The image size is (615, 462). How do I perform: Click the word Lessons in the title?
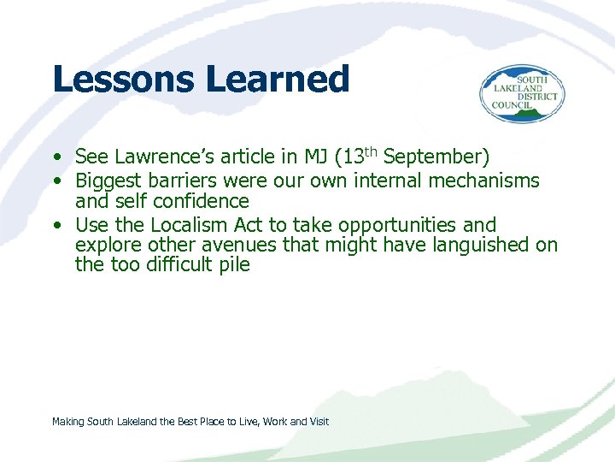[x=123, y=80]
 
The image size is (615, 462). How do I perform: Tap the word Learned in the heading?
[x=278, y=80]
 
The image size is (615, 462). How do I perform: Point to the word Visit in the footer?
[x=319, y=422]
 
